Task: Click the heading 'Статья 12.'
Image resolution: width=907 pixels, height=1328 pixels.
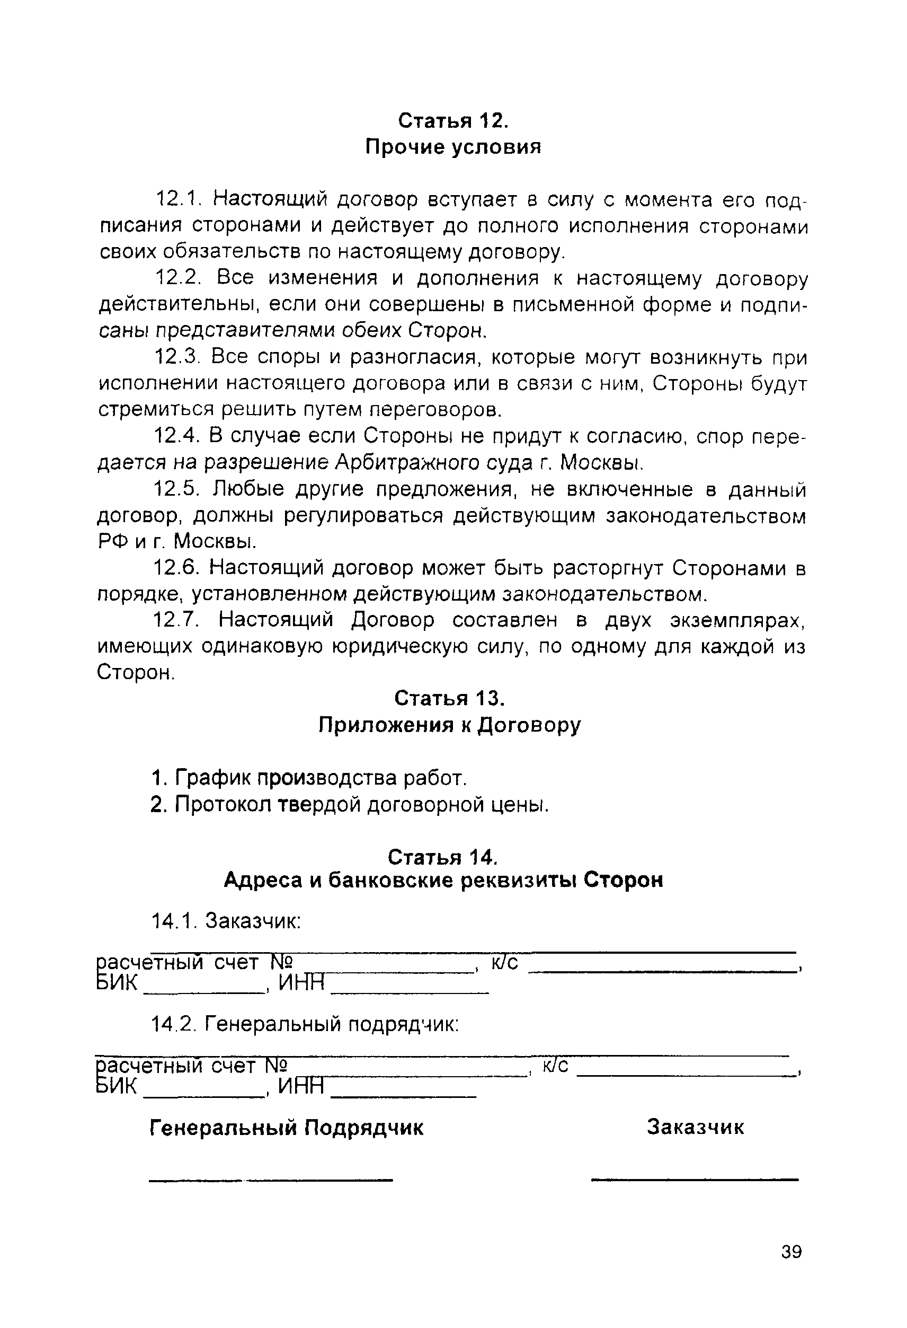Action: [452, 121]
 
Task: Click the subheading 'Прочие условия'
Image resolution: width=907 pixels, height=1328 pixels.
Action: [453, 147]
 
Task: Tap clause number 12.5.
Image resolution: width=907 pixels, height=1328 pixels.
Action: [176, 490]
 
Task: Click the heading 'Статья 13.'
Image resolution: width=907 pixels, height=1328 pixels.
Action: [449, 698]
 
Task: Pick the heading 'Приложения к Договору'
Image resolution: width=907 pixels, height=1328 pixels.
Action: [449, 725]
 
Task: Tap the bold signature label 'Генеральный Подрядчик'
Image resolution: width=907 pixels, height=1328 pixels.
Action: [286, 1128]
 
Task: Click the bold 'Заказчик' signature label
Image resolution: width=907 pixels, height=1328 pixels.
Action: [695, 1128]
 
